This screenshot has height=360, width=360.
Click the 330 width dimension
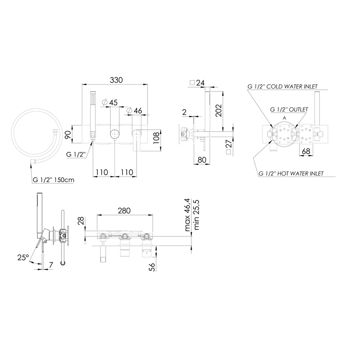coord(116,80)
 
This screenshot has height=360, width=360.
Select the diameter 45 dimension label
coord(110,102)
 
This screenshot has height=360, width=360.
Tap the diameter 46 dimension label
coord(134,111)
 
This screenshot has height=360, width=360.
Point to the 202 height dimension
coord(219,111)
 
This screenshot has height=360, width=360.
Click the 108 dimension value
coord(156,138)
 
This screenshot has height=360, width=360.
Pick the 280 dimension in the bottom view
coord(124,210)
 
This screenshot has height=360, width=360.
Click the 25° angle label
coord(23,257)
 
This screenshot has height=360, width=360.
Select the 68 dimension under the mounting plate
coord(306,151)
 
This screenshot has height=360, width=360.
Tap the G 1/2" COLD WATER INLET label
coord(282,87)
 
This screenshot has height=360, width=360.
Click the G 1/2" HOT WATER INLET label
coord(291,173)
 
